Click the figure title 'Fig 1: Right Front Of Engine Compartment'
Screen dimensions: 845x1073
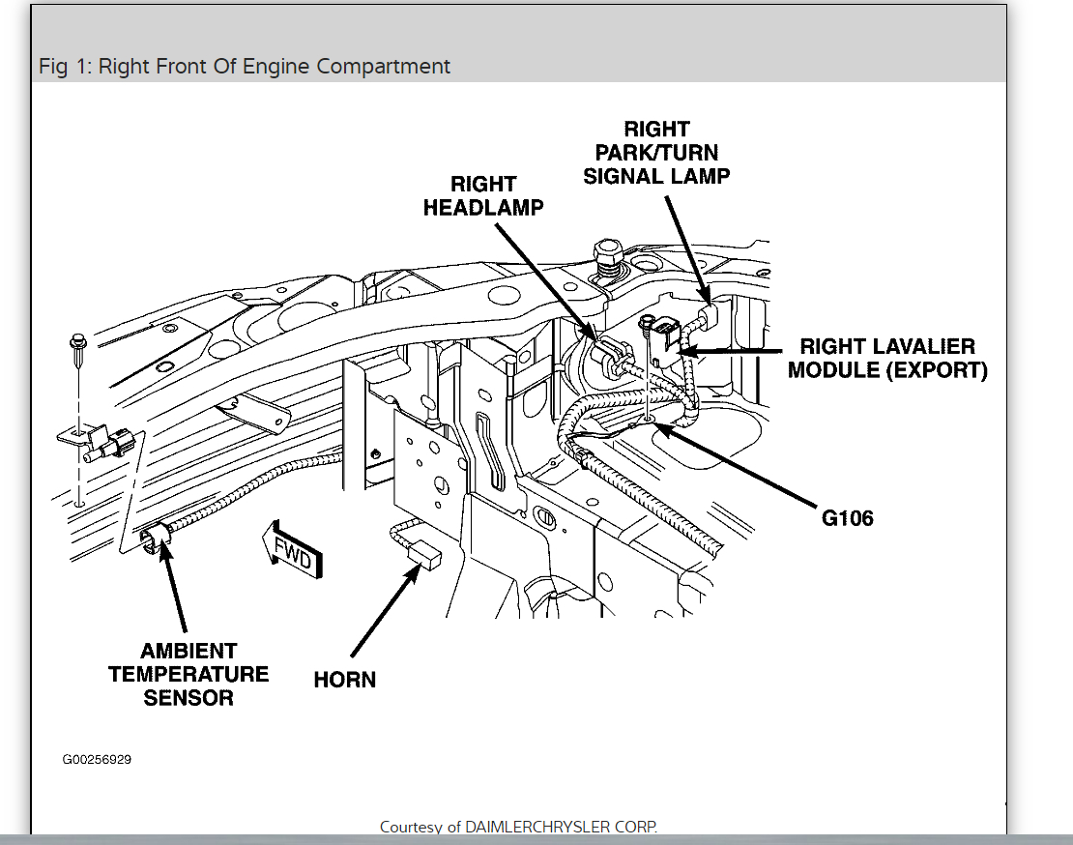[245, 67]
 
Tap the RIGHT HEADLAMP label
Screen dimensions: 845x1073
[483, 195]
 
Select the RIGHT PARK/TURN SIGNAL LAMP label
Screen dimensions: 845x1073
[656, 153]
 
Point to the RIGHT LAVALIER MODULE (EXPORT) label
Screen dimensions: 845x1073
[887, 358]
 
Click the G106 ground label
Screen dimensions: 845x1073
[847, 518]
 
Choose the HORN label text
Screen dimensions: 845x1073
[345, 680]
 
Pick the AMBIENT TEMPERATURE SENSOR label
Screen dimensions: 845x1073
[188, 674]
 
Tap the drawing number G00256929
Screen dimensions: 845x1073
[97, 759]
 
